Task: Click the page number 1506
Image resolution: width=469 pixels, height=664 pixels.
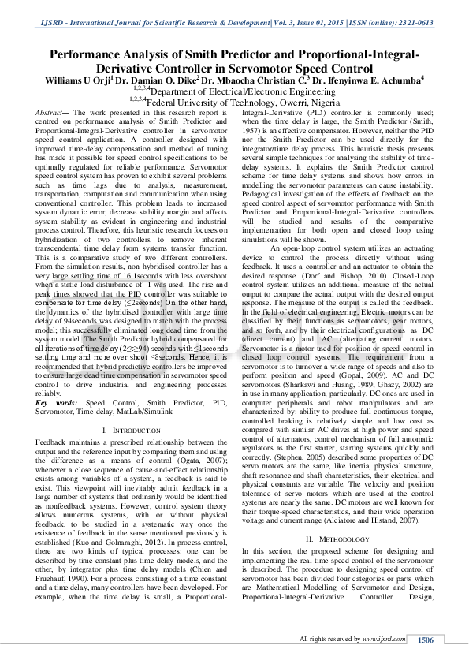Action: pos(426,640)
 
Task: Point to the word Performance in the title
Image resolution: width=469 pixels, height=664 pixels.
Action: pos(87,55)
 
